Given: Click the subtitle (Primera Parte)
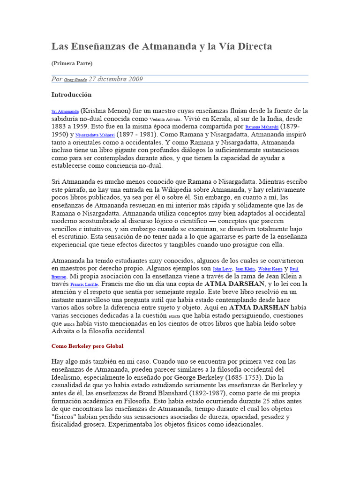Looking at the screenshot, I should tap(72, 63).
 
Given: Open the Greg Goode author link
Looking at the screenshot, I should tap(75, 80).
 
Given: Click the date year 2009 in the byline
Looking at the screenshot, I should tap(134, 79).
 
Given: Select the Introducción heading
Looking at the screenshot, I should tap(71, 95).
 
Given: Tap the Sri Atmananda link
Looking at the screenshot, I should tap(65, 112).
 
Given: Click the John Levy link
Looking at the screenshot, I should tap(222, 270).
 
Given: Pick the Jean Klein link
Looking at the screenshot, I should tap(245, 270).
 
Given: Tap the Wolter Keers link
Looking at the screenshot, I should tap(271, 270).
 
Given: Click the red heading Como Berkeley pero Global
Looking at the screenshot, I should tap(87, 346).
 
